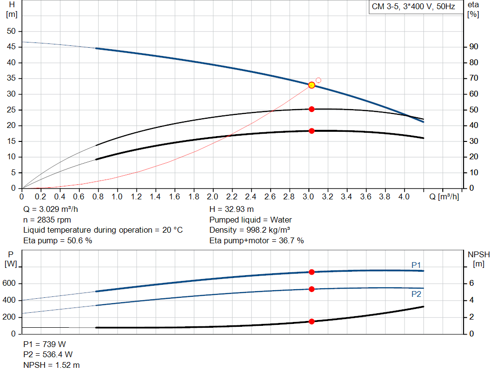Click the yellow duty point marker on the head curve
pyautogui.click(x=312, y=85)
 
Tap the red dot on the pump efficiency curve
pyautogui.click(x=312, y=109)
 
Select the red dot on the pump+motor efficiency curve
pyautogui.click(x=312, y=131)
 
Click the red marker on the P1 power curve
pyautogui.click(x=312, y=272)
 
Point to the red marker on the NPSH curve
pyautogui.click(x=312, y=321)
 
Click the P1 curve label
pyautogui.click(x=416, y=265)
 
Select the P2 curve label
pyautogui.click(x=416, y=294)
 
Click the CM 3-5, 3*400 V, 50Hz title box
pyautogui.click(x=413, y=7)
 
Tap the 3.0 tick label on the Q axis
pyautogui.click(x=308, y=197)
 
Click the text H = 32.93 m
pyautogui.click(x=232, y=209)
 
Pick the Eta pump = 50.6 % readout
pyautogui.click(x=58, y=240)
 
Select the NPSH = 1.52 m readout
pyautogui.click(x=52, y=365)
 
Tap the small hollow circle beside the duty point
pyautogui.click(x=318, y=80)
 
